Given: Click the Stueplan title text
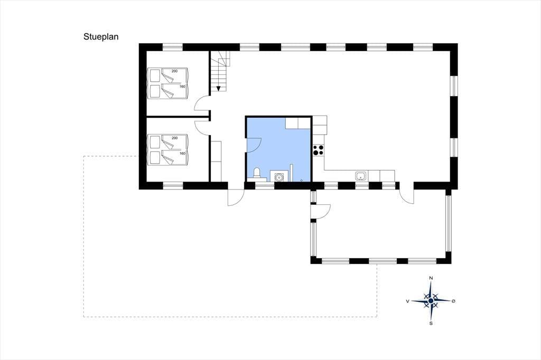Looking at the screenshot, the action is click(101, 37).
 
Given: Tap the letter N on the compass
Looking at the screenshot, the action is click(431, 278).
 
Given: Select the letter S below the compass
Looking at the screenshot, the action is click(431, 324).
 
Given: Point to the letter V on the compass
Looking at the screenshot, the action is click(408, 301).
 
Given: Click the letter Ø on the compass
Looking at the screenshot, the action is click(453, 301).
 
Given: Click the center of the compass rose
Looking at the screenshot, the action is click(431, 301).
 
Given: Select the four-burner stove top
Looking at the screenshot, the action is click(319, 150).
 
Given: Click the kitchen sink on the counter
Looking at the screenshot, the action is click(361, 176).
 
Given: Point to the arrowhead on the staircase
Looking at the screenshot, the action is click(218, 89).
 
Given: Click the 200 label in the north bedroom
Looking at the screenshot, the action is click(174, 71).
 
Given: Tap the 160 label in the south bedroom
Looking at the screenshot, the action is click(182, 154).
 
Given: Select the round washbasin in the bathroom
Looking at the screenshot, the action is click(278, 177).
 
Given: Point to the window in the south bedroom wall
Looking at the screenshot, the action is click(173, 185).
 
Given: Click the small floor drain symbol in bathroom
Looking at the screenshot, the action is click(302, 180).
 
